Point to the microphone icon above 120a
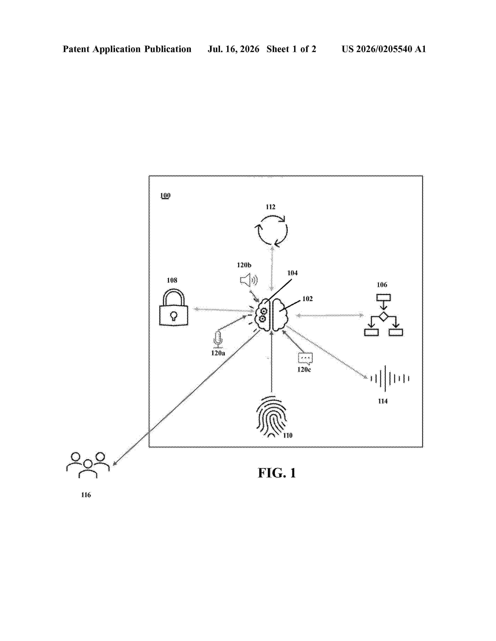point(218,340)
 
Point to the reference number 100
point(165,195)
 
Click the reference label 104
point(292,273)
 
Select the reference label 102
point(307,299)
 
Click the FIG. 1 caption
point(277,473)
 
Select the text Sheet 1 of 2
point(291,49)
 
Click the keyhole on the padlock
point(174,316)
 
